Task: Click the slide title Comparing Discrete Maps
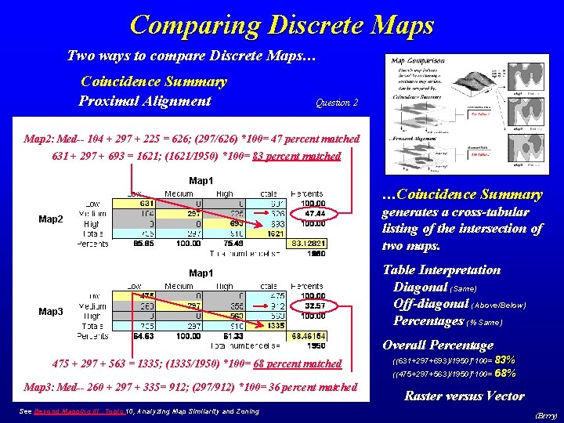point(281,25)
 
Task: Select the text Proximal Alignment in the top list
point(145,100)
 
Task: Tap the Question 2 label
point(336,103)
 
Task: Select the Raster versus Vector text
point(464,396)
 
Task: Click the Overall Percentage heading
point(437,345)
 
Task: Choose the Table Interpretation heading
point(441,270)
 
